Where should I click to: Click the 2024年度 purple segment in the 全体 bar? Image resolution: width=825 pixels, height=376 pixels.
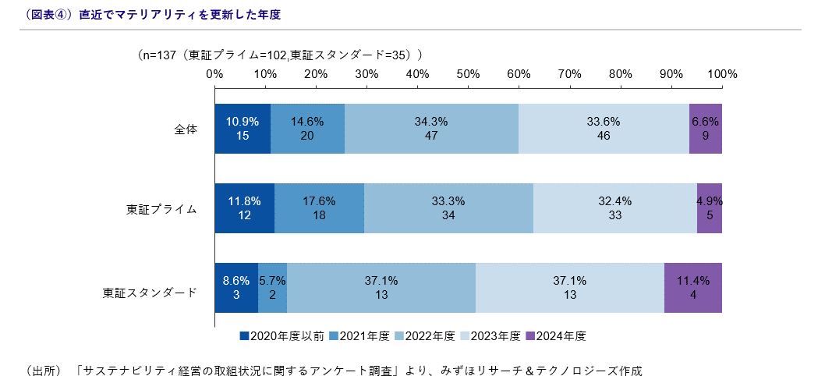coord(706,129)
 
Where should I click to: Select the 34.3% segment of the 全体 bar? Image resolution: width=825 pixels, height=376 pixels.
coord(431,129)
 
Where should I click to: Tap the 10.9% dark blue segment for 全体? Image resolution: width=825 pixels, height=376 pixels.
coord(243,129)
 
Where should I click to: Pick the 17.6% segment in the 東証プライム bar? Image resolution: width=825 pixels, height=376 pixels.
coord(319,208)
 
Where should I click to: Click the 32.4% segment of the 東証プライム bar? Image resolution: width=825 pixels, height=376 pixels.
coord(614,208)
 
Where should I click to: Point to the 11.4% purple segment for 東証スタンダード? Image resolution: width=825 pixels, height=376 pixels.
coord(693,288)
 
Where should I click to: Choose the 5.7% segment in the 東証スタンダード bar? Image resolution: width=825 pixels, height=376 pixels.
coord(272,288)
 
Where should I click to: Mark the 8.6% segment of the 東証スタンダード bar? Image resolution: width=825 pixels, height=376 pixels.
coord(236,288)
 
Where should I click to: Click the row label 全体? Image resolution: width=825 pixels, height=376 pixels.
coord(186,129)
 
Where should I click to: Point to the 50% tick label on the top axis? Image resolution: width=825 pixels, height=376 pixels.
coord(468,74)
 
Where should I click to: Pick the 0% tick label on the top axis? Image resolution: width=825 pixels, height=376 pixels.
coord(214,74)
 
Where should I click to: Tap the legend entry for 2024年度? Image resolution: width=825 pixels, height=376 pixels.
coord(556,336)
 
